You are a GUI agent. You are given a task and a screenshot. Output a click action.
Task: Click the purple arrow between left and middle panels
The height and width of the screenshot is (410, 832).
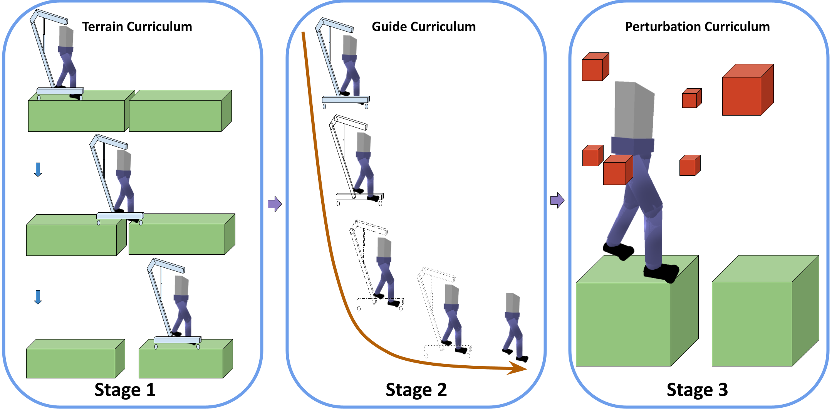(275, 204)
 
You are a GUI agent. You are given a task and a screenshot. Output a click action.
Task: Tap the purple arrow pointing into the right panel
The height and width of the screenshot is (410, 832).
(557, 200)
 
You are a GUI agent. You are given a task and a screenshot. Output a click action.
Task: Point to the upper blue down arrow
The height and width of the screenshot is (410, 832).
(38, 170)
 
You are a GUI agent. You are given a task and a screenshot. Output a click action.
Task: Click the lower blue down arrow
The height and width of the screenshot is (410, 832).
(38, 297)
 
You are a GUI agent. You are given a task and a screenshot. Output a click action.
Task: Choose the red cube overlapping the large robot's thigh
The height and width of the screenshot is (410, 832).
(617, 170)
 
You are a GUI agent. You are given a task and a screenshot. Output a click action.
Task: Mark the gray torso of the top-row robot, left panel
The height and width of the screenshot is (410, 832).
(66, 37)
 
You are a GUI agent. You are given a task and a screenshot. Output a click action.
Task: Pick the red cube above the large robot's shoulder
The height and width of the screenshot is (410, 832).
(594, 67)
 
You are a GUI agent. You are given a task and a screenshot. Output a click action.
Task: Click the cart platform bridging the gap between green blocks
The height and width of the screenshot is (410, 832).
(119, 217)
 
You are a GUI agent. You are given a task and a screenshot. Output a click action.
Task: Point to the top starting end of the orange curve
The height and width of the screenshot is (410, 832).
(304, 34)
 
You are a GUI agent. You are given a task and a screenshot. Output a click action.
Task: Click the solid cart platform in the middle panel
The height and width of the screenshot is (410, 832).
(346, 100)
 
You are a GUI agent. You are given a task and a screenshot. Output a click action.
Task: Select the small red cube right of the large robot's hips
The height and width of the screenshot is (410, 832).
(689, 166)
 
